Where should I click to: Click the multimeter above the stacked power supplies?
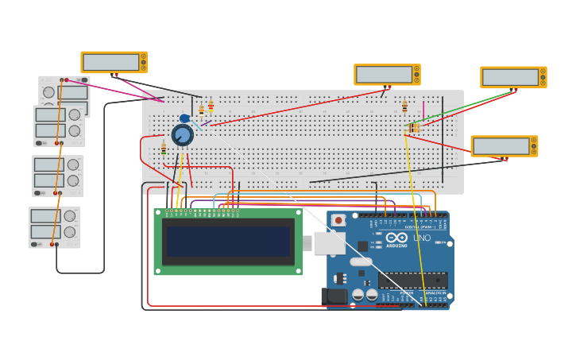click(114, 62)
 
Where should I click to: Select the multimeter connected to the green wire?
click(513, 77)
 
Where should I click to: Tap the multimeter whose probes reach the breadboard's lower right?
click(504, 146)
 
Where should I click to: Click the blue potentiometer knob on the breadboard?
click(183, 136)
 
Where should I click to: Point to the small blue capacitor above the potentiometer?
click(184, 119)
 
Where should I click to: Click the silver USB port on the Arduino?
click(328, 242)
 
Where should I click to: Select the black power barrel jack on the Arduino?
click(337, 296)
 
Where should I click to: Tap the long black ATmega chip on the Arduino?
click(412, 280)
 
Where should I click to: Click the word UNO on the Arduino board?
click(422, 238)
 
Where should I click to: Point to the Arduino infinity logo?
click(396, 238)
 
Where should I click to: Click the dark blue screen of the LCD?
click(228, 242)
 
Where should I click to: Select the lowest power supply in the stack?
click(54, 227)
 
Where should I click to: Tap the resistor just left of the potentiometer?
click(164, 148)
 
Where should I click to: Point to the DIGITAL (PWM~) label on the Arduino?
click(410, 227)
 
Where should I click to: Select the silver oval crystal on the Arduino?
click(361, 261)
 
